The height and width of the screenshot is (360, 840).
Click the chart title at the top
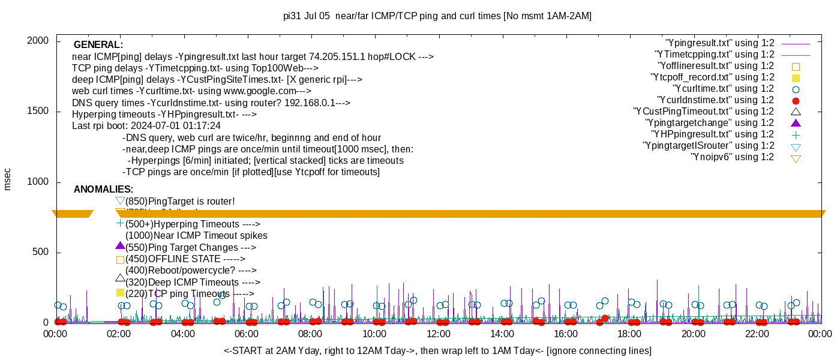coord(437,16)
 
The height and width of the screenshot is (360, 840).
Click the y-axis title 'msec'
coord(8,179)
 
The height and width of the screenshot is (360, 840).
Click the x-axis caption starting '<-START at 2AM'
coord(437,350)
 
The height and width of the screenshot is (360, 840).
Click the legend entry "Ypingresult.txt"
coord(720,43)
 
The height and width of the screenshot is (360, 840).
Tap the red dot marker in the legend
coord(796,100)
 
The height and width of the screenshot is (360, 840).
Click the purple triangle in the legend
coord(796,123)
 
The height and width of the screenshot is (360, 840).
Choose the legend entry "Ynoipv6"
coord(733,157)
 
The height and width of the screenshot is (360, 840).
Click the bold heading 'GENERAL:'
coord(98,45)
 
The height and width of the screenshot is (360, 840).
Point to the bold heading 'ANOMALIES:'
coord(103,190)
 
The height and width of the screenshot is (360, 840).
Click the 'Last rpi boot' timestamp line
coord(146,126)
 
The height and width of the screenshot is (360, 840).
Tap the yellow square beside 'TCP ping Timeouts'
coord(120,293)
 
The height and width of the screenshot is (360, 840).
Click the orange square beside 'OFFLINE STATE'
coord(120,260)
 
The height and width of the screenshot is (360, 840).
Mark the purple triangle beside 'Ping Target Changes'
coord(120,246)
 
